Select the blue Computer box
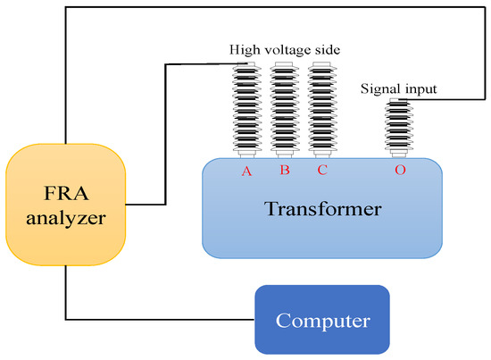pos(322,319)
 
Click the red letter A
pos(245,170)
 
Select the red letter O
pos(400,170)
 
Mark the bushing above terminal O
pos(399,130)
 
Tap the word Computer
pos(322,319)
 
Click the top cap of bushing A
pos(245,64)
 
